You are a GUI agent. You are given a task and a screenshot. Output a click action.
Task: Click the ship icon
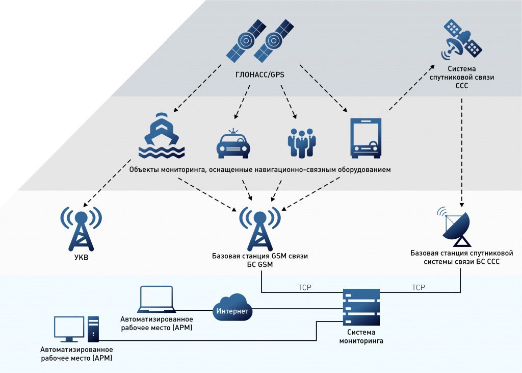click(162, 135)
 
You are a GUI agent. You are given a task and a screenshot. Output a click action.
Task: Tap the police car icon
click(233, 144)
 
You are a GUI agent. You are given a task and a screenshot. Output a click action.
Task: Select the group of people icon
click(302, 142)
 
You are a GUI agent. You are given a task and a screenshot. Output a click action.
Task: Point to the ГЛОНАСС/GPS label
click(260, 75)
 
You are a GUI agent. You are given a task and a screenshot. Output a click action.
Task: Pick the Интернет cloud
click(232, 309)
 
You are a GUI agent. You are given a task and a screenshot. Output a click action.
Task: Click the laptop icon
click(156, 299)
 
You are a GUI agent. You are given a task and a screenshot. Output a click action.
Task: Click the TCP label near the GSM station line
click(304, 288)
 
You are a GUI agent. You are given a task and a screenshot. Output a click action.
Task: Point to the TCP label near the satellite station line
click(418, 288)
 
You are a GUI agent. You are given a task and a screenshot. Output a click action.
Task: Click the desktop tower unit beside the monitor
click(93, 329)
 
